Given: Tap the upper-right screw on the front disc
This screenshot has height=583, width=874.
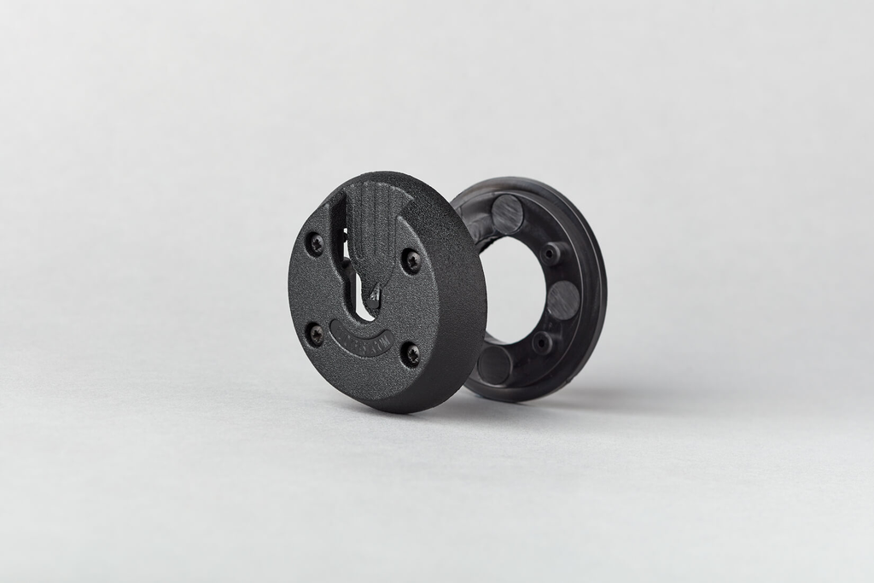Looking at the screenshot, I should click(411, 261).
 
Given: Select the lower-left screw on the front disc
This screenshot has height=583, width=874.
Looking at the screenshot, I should click(315, 334).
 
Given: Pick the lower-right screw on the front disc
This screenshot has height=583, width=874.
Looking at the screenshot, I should click(411, 353).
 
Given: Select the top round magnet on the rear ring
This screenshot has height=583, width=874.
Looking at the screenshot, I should click(507, 213).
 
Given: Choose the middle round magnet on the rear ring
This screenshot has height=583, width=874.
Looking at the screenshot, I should click(562, 300).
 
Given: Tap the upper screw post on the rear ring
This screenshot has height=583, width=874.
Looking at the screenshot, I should click(552, 253).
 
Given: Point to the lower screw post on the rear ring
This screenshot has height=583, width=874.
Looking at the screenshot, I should click(541, 342).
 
